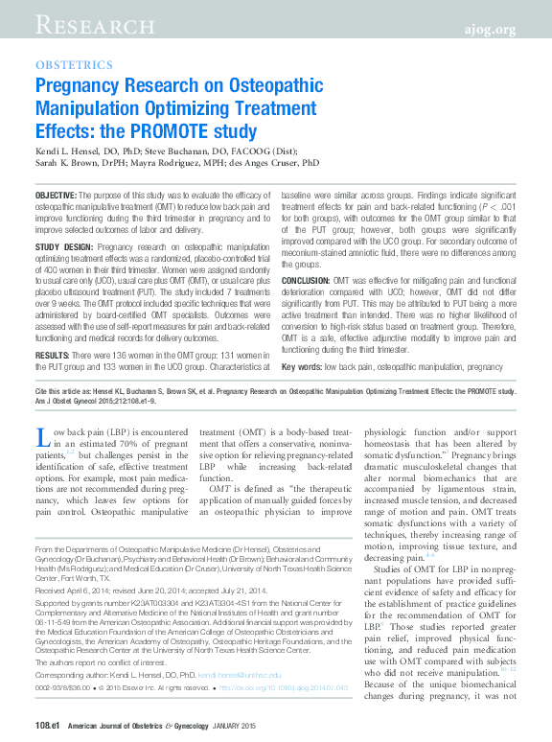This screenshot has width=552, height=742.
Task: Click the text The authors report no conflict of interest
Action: [x=94, y=663]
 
